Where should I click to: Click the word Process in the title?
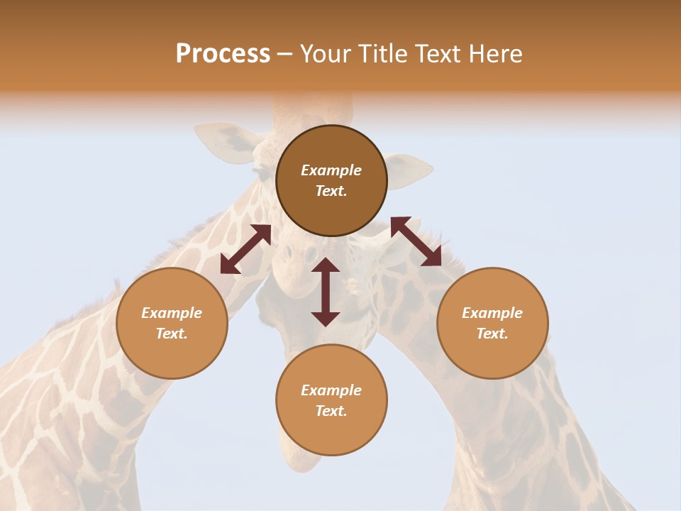[223, 54]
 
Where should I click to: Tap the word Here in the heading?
[494, 54]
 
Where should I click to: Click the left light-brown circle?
[172, 323]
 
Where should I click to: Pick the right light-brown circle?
[492, 323]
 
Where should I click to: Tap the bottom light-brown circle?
[331, 400]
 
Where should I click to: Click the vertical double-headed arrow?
[326, 292]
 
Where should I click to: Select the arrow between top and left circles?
[245, 249]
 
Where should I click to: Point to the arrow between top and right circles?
[416, 241]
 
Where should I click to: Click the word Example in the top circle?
[331, 170]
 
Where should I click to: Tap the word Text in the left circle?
[172, 334]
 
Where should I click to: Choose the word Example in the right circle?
[492, 313]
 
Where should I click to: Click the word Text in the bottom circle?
[331, 411]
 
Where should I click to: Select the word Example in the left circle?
[172, 313]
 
